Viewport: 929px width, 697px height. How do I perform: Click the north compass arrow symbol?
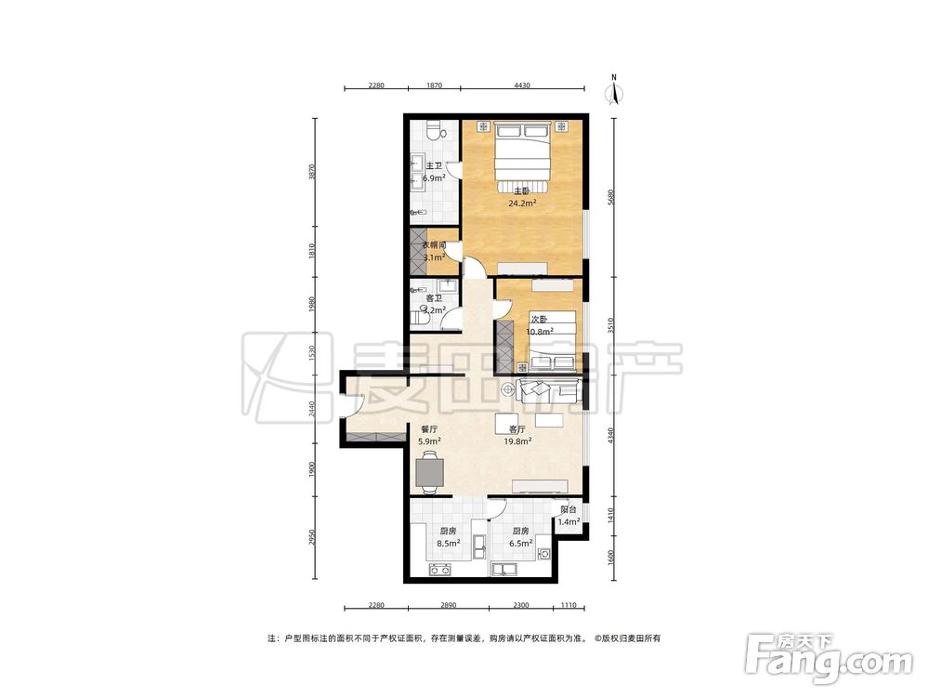pos(615,91)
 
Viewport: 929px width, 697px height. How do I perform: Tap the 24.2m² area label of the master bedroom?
pos(522,203)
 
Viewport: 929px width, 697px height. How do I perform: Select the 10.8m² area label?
pos(540,332)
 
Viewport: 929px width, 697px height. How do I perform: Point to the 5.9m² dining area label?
pos(429,441)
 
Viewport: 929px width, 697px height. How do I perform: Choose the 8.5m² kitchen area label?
pos(449,543)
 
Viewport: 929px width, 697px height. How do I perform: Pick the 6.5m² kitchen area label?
pos(521,543)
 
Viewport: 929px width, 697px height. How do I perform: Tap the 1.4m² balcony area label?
pos(569,521)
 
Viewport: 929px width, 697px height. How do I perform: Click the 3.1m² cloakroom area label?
pos(434,257)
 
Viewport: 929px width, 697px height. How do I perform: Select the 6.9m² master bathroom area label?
pos(434,178)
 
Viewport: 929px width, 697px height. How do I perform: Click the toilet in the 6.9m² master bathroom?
pos(437,129)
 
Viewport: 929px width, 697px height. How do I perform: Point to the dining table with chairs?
pos(429,472)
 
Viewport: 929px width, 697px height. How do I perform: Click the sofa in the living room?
pos(548,389)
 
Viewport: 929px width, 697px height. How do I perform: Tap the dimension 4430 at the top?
pos(522,85)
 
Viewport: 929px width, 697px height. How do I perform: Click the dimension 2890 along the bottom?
pos(449,605)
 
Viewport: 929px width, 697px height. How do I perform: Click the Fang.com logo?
pos(829,660)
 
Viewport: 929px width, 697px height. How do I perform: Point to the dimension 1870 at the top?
pos(434,85)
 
